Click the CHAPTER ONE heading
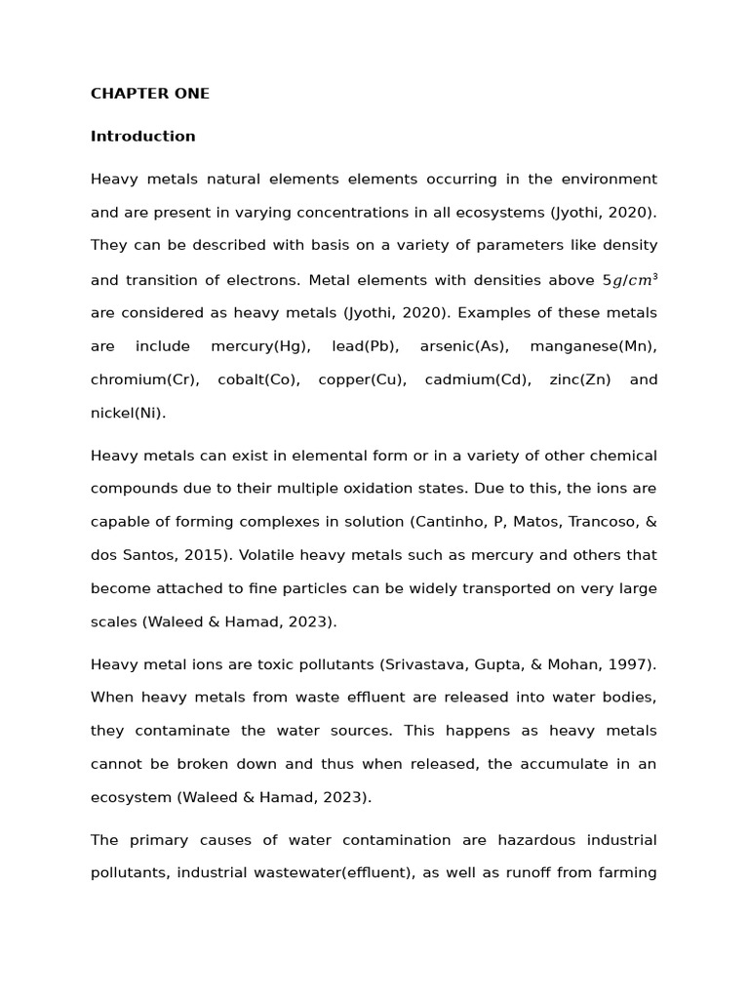click(149, 94)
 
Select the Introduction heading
click(142, 137)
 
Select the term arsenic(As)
click(463, 346)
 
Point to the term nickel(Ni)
click(128, 413)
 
